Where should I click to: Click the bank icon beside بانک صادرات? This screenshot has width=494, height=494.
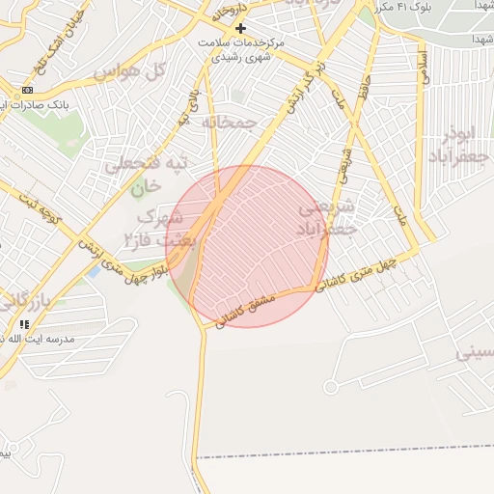tap(24, 90)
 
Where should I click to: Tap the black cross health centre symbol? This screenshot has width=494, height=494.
tap(240, 29)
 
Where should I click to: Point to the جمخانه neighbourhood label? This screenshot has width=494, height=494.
tap(229, 123)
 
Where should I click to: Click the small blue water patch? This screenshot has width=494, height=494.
tap(94, 271)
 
